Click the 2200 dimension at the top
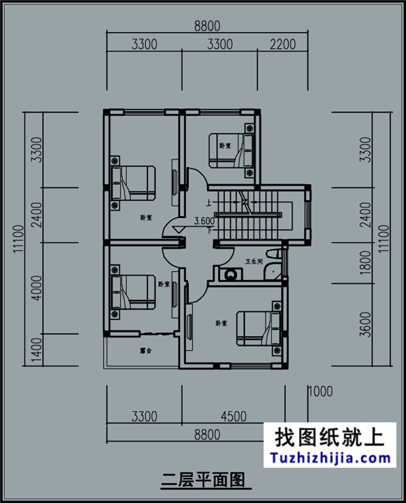pyautogui.click(x=282, y=44)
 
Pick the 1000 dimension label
pyautogui.click(x=320, y=392)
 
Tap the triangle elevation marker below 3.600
pyautogui.click(x=179, y=229)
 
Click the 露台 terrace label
pyautogui.click(x=145, y=351)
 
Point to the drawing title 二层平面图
pyautogui.click(x=202, y=480)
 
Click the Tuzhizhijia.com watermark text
pyautogui.click(x=331, y=458)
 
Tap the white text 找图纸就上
pyautogui.click(x=330, y=436)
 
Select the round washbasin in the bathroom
pyautogui.click(x=232, y=274)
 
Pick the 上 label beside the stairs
pyautogui.click(x=208, y=202)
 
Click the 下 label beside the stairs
pyautogui.click(x=209, y=230)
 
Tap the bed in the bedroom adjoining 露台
pyautogui.click(x=132, y=295)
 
